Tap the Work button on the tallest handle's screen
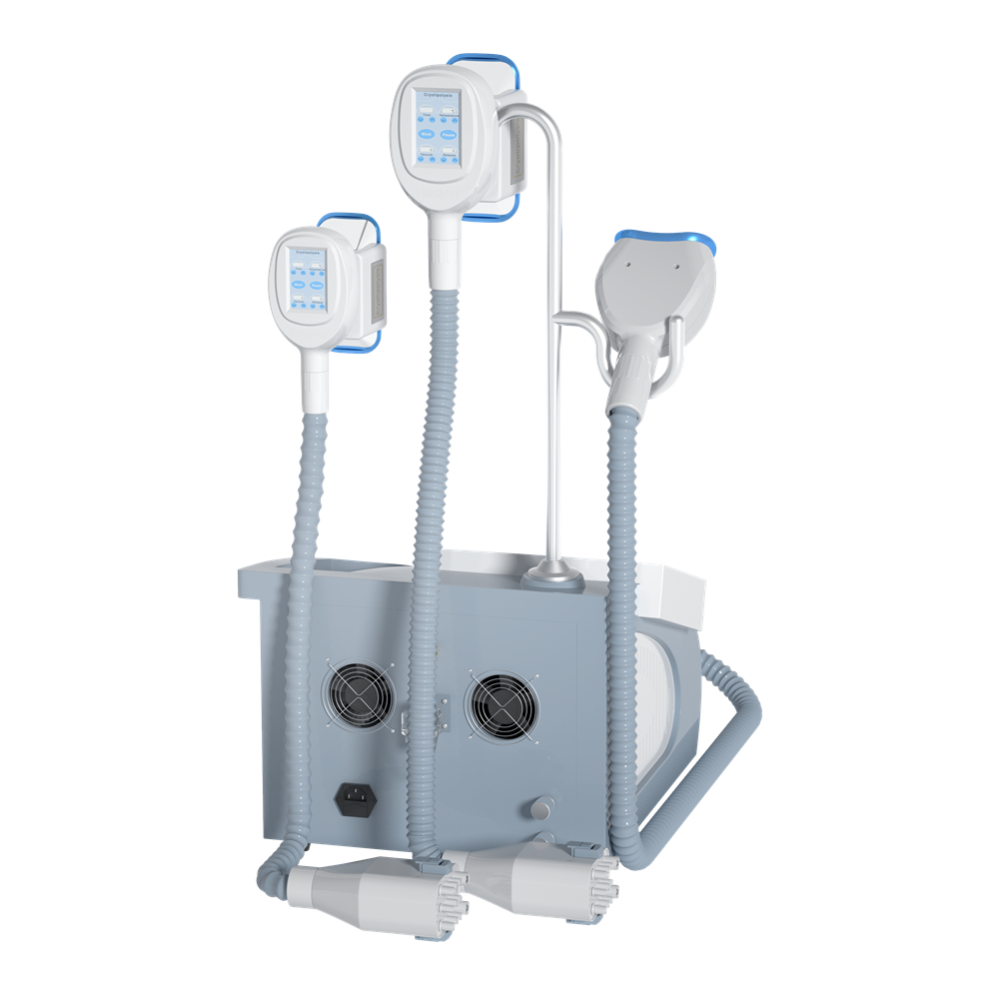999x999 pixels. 427,133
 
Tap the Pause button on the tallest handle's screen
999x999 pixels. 451,133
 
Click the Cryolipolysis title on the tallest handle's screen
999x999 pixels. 438,88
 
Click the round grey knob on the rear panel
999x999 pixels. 542,808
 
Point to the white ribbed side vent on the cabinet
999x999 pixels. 664,699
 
